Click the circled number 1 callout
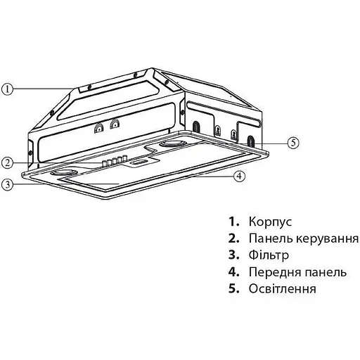(8, 89)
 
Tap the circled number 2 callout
(8, 162)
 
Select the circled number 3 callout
(8, 185)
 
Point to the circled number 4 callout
(240, 176)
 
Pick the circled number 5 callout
(292, 141)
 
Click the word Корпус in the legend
(269, 221)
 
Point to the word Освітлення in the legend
(282, 289)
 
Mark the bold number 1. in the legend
(234, 221)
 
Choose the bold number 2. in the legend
(234, 238)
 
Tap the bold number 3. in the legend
(234, 255)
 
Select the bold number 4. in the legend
(234, 272)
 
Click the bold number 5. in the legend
(234, 289)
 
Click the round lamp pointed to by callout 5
(172, 145)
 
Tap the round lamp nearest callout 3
(62, 172)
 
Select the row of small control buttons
(114, 161)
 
